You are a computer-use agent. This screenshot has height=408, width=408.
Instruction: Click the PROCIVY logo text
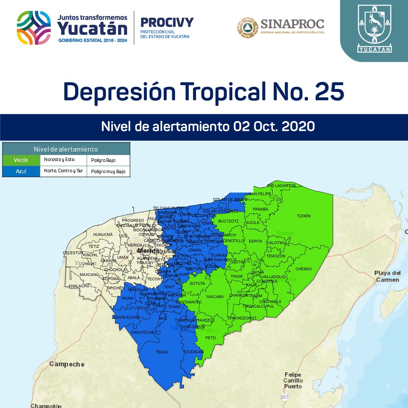[x=167, y=22]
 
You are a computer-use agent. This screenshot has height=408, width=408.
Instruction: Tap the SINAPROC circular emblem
[x=247, y=27]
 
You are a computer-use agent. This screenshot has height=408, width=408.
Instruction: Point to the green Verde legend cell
[x=21, y=160]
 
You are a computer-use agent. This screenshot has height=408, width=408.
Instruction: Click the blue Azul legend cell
[x=21, y=171]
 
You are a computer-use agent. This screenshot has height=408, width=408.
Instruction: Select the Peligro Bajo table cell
[x=108, y=160]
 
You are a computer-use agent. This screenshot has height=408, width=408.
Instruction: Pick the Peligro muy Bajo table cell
[x=108, y=171]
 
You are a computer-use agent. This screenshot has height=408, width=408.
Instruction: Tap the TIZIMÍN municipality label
[x=304, y=216]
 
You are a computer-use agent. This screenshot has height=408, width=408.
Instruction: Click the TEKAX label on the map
[x=162, y=352]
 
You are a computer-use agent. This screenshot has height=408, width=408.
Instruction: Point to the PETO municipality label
[x=210, y=338]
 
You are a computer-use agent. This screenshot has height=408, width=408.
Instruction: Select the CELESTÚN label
[x=73, y=253]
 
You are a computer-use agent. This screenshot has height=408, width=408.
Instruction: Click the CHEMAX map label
[x=303, y=269]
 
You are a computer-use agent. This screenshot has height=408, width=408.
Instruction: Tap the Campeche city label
[x=66, y=364]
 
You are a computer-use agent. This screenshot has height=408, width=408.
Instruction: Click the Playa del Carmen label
[x=387, y=276]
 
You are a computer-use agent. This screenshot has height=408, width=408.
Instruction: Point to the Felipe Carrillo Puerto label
[x=293, y=380]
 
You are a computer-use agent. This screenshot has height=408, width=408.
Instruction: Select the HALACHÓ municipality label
[x=81, y=286]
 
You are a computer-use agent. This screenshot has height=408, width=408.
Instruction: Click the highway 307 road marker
[x=284, y=396]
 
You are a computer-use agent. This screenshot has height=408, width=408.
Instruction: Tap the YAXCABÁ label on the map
[x=215, y=297]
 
